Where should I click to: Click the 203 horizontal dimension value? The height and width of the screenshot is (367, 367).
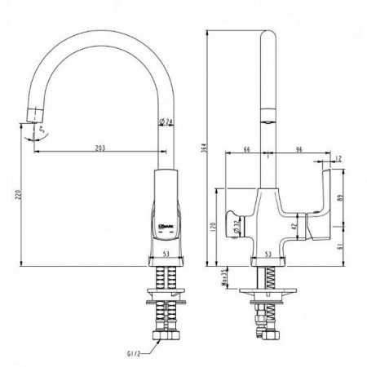[100, 148]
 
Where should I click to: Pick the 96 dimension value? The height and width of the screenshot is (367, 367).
[297, 149]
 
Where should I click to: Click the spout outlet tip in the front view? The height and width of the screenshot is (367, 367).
[36, 113]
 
